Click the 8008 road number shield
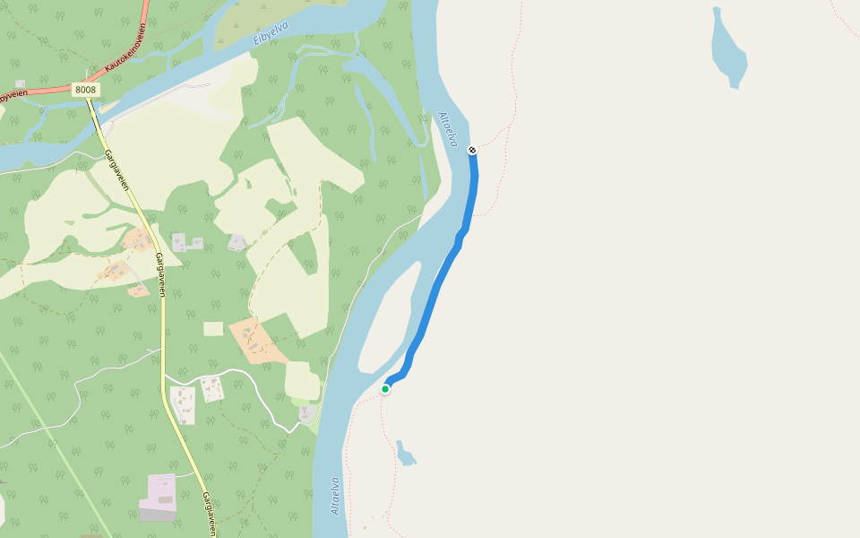[85, 90]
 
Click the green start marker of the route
[385, 388]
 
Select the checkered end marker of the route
[472, 150]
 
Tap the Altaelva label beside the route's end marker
[448, 129]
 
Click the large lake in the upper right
[728, 49]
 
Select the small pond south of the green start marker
[406, 455]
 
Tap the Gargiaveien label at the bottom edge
[209, 514]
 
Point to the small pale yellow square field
[213, 328]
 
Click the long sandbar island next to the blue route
[390, 318]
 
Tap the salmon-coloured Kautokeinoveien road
[45, 91]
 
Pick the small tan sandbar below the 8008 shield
[109, 107]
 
